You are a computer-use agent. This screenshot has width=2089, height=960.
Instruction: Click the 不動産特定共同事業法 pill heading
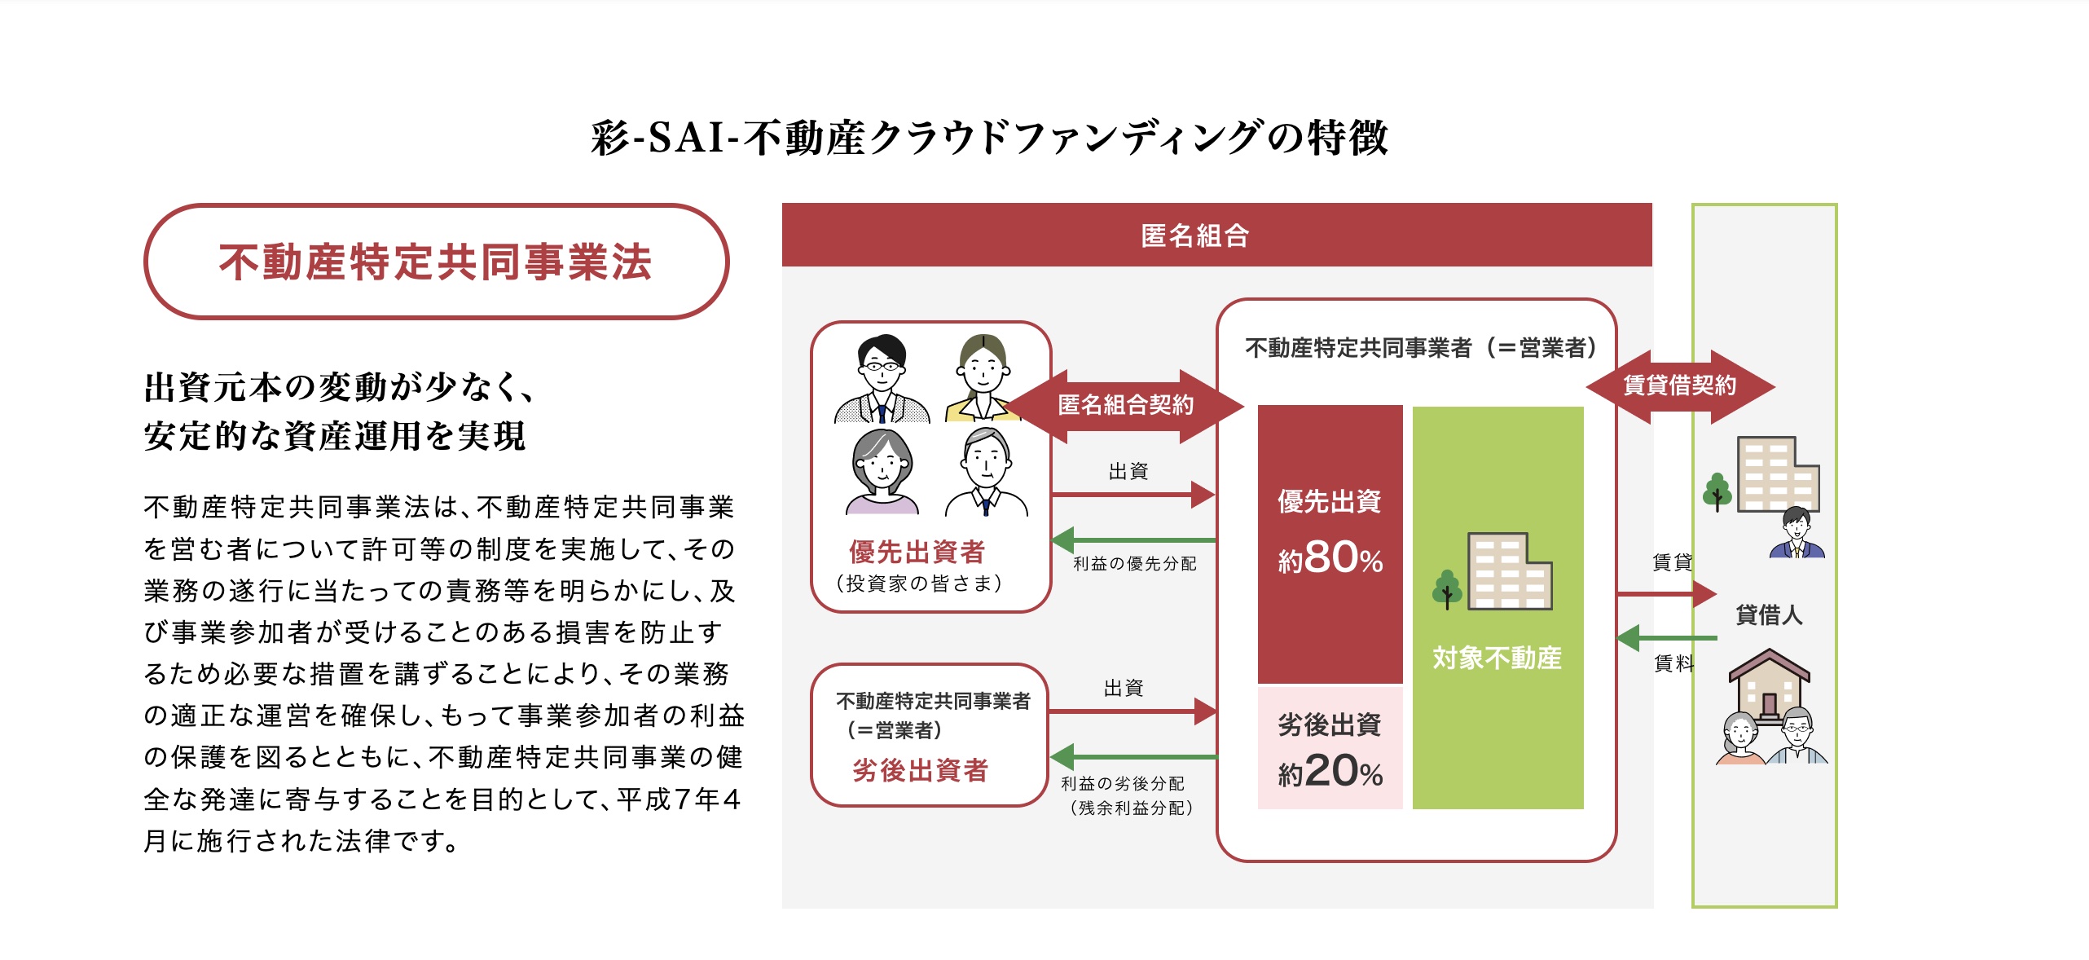[436, 262]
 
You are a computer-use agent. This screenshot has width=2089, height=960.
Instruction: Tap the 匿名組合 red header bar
[1216, 235]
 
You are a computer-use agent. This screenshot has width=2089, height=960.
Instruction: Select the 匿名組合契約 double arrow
[1125, 405]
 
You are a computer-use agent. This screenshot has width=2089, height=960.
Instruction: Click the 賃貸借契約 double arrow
[1680, 385]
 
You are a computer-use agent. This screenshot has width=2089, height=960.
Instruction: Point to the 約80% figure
[1330, 559]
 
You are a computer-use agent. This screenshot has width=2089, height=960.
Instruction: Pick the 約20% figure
[1330, 771]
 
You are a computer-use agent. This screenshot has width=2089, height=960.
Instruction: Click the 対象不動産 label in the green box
[1497, 658]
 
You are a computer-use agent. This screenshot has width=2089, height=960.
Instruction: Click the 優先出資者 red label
[917, 552]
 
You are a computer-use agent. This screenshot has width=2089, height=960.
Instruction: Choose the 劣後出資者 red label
[920, 770]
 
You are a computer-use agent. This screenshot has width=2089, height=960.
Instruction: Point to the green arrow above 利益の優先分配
[1133, 539]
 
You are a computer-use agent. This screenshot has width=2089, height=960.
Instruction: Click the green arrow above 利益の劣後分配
[1133, 757]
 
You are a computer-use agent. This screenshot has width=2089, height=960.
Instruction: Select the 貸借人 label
[1768, 614]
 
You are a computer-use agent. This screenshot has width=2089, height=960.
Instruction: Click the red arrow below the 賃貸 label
[1666, 594]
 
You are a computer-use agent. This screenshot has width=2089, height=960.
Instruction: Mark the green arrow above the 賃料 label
[1666, 637]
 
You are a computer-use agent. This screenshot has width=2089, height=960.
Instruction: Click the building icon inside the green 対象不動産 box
[1508, 572]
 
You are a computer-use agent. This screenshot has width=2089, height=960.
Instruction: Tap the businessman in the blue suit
[1797, 533]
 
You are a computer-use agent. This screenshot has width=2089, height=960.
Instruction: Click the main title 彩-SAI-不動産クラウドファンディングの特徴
[989, 137]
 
